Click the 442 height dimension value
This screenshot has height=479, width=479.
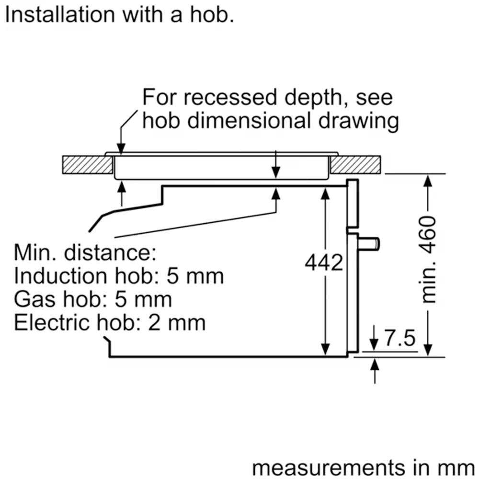(x=324, y=262)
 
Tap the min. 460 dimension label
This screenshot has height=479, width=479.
(x=428, y=259)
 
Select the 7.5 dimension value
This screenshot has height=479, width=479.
(x=400, y=338)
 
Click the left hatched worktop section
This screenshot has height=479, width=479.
(x=87, y=165)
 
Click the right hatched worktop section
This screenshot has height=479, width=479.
(x=355, y=165)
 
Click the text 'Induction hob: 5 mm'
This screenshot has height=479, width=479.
(x=119, y=276)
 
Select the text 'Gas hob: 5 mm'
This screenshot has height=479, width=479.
(x=93, y=299)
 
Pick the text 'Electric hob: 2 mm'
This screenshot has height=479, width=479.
(x=110, y=322)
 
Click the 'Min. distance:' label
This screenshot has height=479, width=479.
(x=85, y=253)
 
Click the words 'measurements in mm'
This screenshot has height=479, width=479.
(x=364, y=468)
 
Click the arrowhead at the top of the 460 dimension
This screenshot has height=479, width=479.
(x=428, y=181)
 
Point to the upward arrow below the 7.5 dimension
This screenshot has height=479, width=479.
(x=375, y=371)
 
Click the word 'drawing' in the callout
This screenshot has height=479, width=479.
(x=359, y=121)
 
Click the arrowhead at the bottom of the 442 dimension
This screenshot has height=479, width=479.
(x=326, y=350)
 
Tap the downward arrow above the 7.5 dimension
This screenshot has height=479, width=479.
(x=374, y=338)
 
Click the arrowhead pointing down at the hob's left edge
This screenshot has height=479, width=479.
(x=121, y=149)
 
